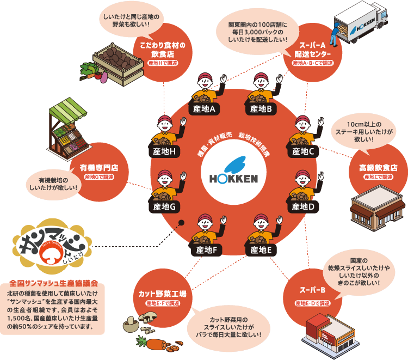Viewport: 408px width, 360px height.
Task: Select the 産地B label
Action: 261,109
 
